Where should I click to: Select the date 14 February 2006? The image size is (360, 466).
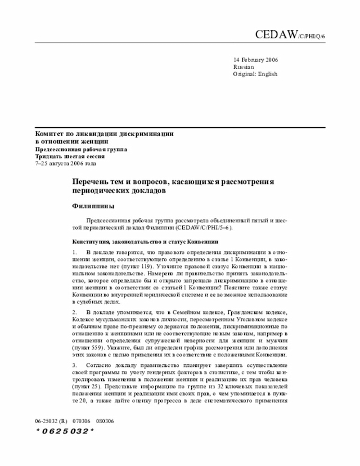pos(255,60)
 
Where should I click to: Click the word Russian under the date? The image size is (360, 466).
pos(243,67)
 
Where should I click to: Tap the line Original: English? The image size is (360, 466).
pos(255,74)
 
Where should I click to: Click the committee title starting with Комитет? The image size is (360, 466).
pos(104,134)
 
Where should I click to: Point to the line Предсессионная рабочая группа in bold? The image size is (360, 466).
pos(82,149)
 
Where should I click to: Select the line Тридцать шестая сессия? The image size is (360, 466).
pos(70,156)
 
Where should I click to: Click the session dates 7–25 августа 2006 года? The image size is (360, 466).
pos(66,164)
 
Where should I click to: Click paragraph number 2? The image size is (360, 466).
pos(74,312)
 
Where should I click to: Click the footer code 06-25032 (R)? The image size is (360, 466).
pos(51,420)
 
